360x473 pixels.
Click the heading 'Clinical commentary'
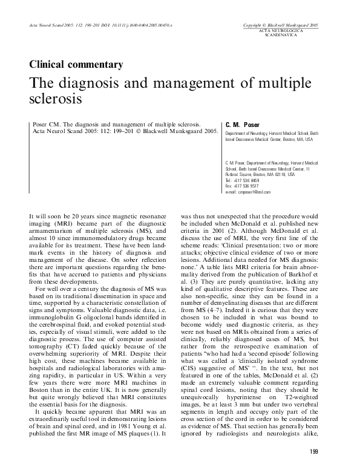tap(76, 64)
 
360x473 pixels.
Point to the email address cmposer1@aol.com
tap(248, 192)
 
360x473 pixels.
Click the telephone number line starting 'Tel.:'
tap(242, 180)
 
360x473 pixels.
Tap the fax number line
tap(241, 186)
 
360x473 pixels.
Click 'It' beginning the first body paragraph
tap(31, 215)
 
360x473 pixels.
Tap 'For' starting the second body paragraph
tap(41, 275)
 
